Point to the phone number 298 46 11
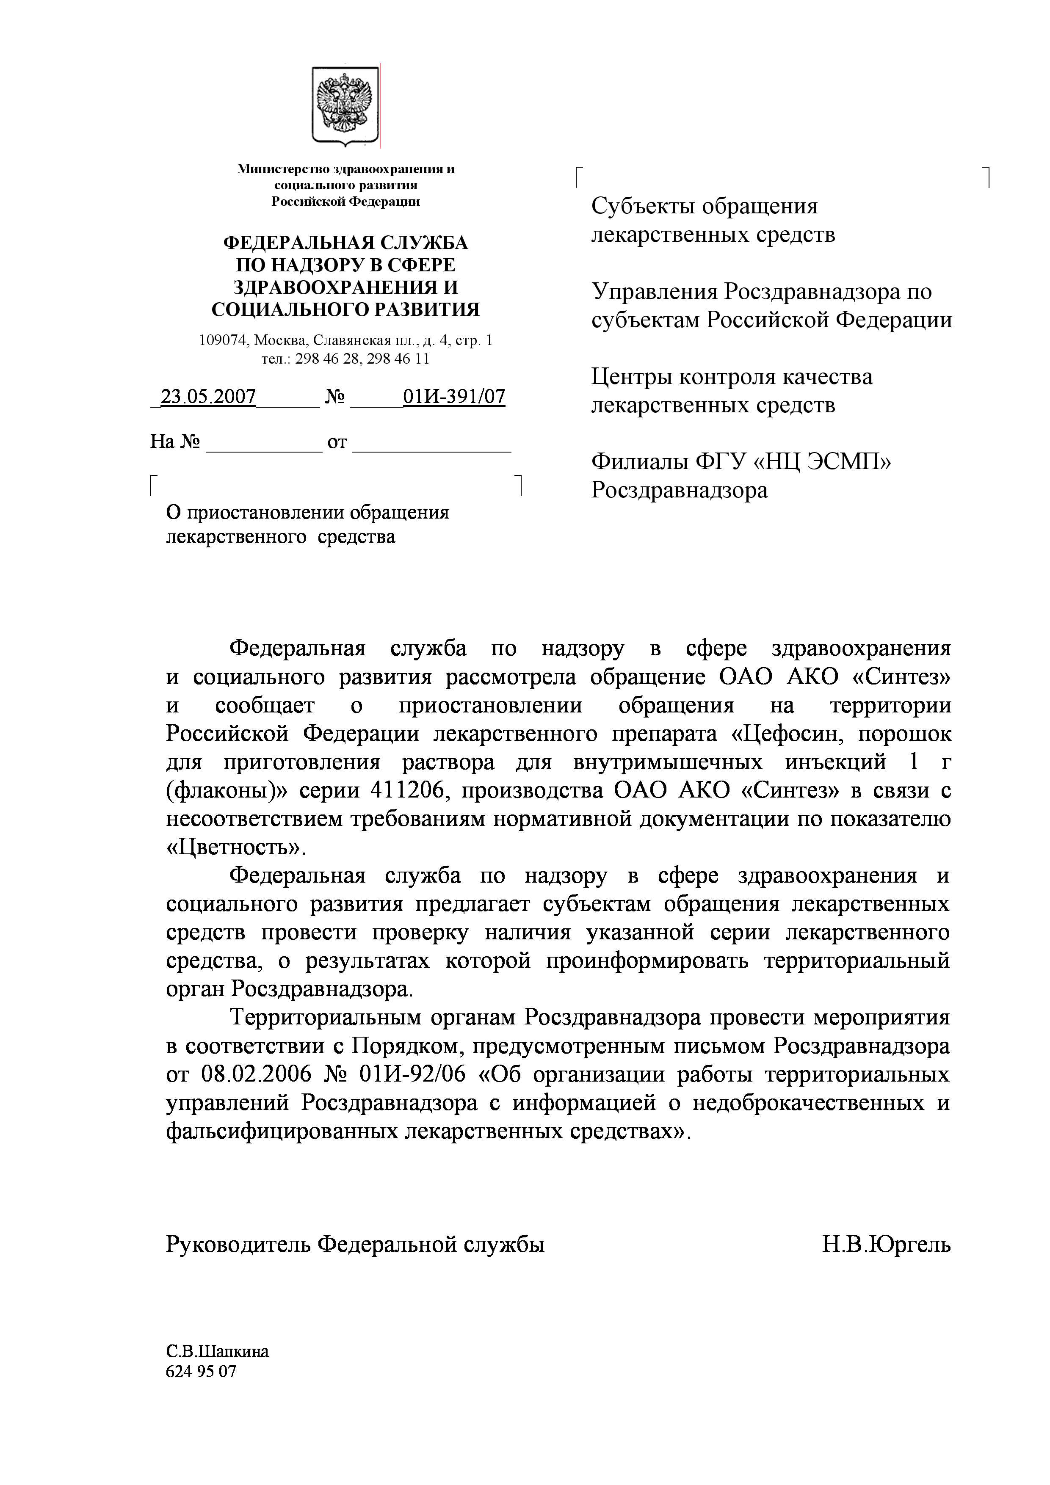(x=398, y=358)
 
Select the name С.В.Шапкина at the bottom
(x=217, y=1352)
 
